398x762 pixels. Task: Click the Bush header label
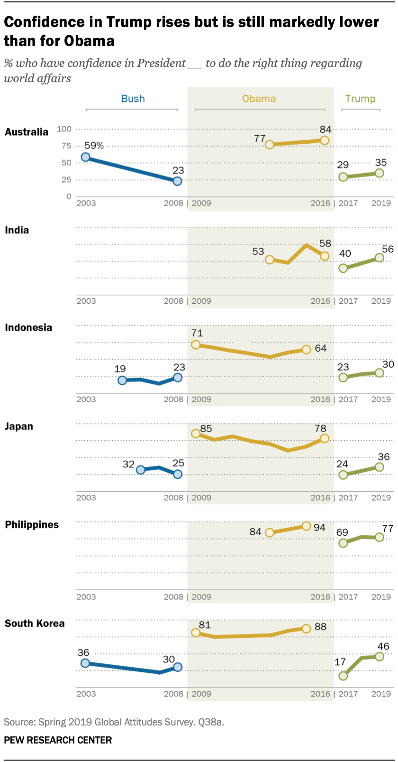(133, 99)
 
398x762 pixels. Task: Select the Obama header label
(259, 99)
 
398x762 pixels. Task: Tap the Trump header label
(360, 99)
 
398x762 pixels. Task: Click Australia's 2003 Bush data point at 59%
(86, 157)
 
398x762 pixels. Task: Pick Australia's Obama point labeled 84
(325, 140)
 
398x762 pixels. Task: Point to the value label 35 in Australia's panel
(381, 163)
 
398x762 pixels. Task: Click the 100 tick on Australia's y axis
(64, 129)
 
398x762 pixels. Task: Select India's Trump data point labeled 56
(379, 258)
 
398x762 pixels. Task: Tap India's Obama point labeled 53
(270, 260)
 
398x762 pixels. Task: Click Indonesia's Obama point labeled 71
(196, 344)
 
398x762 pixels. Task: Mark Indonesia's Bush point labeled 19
(122, 380)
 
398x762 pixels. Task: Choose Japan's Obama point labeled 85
(196, 433)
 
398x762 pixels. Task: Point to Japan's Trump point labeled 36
(379, 467)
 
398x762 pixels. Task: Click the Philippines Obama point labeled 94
(306, 526)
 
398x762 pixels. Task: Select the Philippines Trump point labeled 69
(343, 543)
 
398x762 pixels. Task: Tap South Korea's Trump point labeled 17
(343, 675)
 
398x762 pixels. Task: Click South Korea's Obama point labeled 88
(306, 628)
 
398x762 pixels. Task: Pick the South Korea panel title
(35, 623)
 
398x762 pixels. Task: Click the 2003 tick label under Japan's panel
(86, 498)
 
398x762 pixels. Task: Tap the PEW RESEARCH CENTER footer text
(58, 740)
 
